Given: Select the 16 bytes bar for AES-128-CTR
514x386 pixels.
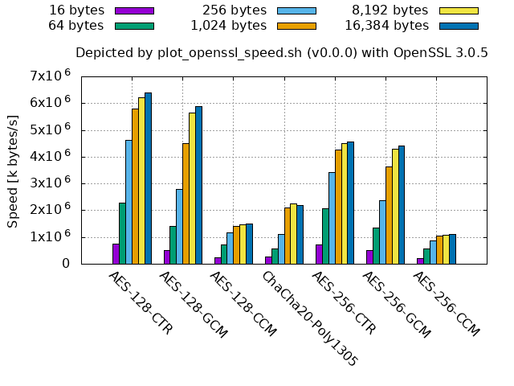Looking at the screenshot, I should [116, 253].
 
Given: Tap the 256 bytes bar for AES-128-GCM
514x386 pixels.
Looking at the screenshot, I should [179, 226].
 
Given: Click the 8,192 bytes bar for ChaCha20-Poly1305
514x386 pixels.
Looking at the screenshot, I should [293, 234].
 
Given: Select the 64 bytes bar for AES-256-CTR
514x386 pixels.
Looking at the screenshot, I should [325, 236].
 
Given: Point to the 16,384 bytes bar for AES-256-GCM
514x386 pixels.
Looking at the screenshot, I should [402, 204].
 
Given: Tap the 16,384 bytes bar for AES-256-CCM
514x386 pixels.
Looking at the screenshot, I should [452, 248].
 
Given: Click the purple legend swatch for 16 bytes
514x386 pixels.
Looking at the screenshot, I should [134, 11].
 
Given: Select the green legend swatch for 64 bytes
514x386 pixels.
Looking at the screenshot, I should [134, 26].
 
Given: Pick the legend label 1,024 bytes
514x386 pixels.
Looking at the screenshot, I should [229, 26].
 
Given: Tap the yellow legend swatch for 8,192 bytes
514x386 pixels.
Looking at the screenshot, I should [459, 11].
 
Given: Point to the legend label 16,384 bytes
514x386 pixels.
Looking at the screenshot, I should [386, 26].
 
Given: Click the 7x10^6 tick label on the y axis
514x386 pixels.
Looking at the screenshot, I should [51, 76].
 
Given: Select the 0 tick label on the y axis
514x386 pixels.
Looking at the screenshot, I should [65, 264].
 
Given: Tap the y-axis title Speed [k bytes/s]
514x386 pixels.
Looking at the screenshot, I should [13, 170].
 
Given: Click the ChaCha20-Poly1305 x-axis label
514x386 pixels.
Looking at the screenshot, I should [309, 318].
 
